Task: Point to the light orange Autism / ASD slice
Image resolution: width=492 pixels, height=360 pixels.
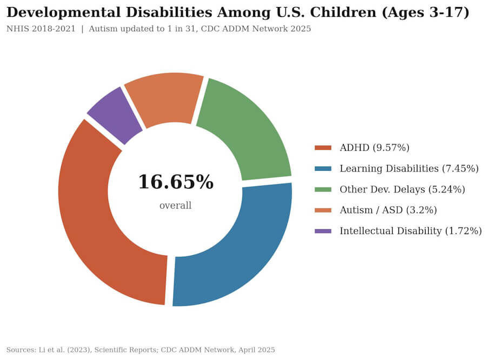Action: pos(165,97)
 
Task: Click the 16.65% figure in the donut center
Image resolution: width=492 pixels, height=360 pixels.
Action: pos(175,182)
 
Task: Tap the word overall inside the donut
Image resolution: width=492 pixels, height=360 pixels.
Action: pos(175,206)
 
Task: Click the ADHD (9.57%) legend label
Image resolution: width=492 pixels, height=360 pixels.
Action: pos(374,148)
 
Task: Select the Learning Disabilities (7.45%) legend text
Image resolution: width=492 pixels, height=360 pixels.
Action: pos(409,169)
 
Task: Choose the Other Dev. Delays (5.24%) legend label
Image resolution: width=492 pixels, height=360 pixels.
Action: pos(402,189)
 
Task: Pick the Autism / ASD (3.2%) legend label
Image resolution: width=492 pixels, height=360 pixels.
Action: pos(388,210)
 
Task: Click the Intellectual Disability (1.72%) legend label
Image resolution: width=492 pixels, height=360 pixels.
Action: pos(410,231)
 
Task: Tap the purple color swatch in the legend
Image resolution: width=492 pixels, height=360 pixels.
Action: pos(323,231)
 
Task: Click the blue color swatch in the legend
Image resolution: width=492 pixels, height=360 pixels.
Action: pos(323,169)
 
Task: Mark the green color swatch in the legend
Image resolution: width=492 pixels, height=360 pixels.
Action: pos(323,189)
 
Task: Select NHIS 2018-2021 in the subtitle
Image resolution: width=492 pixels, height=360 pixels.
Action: pos(41,29)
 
